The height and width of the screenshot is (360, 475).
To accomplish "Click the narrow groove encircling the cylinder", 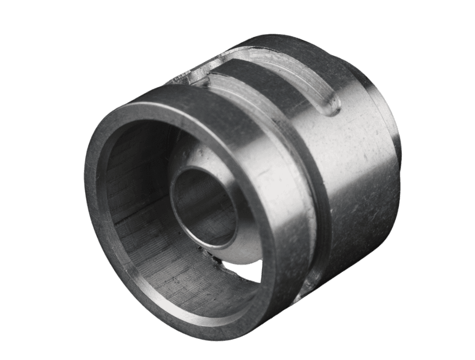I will [319, 217].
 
